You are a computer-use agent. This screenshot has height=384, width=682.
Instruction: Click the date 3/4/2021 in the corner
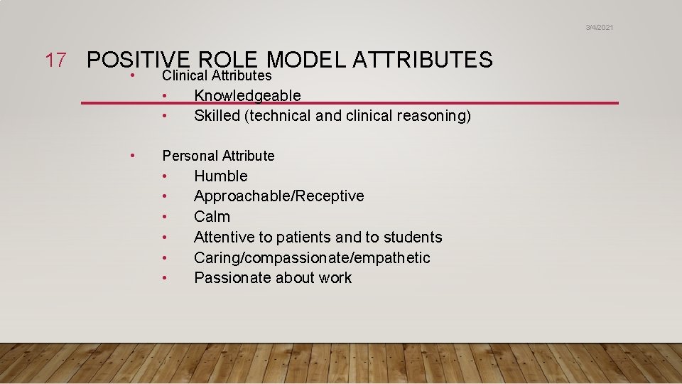tap(599, 27)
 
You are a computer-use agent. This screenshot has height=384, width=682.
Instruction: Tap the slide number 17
tap(56, 60)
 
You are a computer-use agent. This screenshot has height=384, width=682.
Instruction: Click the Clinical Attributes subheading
tap(217, 75)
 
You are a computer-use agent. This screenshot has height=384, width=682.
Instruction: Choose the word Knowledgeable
tap(247, 95)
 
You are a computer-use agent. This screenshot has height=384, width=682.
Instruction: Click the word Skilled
tap(217, 116)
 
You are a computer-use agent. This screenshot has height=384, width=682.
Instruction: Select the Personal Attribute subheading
tap(218, 156)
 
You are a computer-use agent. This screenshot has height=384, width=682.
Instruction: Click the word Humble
tap(221, 176)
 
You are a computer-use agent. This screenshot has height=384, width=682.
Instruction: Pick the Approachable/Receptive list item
tap(278, 196)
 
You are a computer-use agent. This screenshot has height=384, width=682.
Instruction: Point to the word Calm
tap(212, 217)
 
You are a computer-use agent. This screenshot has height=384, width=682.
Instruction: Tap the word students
tap(412, 238)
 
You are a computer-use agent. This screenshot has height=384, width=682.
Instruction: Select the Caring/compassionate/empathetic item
tap(312, 258)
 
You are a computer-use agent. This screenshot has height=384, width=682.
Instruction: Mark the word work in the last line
tap(335, 278)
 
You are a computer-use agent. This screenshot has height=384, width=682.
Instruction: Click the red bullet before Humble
tap(164, 176)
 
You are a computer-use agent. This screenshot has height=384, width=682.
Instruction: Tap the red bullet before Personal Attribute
tap(132, 155)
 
